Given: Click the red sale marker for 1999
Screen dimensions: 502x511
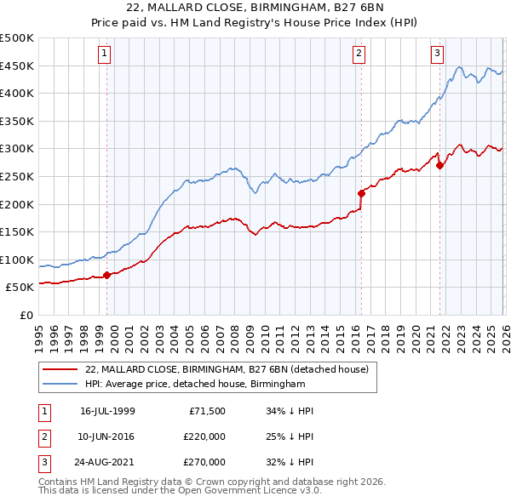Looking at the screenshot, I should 107,275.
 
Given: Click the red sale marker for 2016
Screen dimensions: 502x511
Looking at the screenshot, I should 361,193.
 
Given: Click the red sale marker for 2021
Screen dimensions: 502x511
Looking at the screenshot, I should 439,165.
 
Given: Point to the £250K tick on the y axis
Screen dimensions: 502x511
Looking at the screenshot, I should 17,176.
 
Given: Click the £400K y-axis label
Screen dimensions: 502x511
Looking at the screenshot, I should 17,94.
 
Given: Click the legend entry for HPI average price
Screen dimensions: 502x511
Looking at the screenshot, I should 195,385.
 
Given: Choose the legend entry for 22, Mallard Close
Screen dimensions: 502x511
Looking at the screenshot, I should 226,370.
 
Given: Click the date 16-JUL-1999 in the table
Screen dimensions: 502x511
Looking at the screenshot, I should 107,411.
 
